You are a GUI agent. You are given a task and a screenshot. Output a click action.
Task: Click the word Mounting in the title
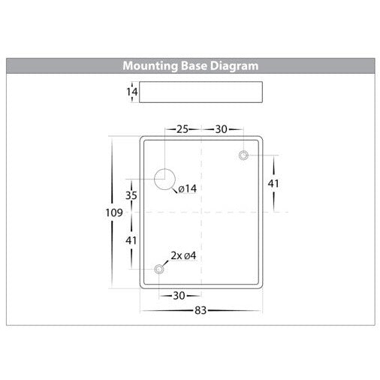(x=150, y=66)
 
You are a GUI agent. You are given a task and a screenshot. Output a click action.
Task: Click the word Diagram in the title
(x=234, y=66)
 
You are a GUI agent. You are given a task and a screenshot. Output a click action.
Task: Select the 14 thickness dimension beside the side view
(x=131, y=92)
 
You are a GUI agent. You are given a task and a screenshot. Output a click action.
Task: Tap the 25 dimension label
(x=182, y=129)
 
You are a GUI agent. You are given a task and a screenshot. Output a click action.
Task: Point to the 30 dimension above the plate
(x=222, y=129)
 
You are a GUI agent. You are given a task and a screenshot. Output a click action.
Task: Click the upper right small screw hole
(x=243, y=155)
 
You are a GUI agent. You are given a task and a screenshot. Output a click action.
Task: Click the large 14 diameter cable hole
(x=164, y=179)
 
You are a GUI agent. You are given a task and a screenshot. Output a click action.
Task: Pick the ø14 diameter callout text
(x=188, y=188)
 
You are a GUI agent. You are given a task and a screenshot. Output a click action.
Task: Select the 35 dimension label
(x=131, y=195)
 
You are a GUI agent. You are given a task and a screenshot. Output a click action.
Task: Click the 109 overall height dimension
(x=114, y=213)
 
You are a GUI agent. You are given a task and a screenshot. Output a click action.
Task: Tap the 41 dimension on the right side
(x=273, y=183)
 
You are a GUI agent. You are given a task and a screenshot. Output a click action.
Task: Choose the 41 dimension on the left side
(x=131, y=240)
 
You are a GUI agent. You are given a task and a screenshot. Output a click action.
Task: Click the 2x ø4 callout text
(x=183, y=255)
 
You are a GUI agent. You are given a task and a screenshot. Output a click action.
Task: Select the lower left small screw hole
(x=159, y=270)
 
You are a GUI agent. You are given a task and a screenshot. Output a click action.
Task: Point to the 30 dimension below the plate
(x=179, y=296)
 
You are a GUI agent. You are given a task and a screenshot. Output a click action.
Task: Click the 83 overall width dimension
(x=201, y=311)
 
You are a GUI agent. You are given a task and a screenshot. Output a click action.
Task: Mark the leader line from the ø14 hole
(x=175, y=190)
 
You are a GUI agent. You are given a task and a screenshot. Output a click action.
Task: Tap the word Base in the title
(x=194, y=66)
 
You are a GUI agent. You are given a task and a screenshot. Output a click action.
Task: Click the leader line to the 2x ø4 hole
(x=166, y=264)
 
